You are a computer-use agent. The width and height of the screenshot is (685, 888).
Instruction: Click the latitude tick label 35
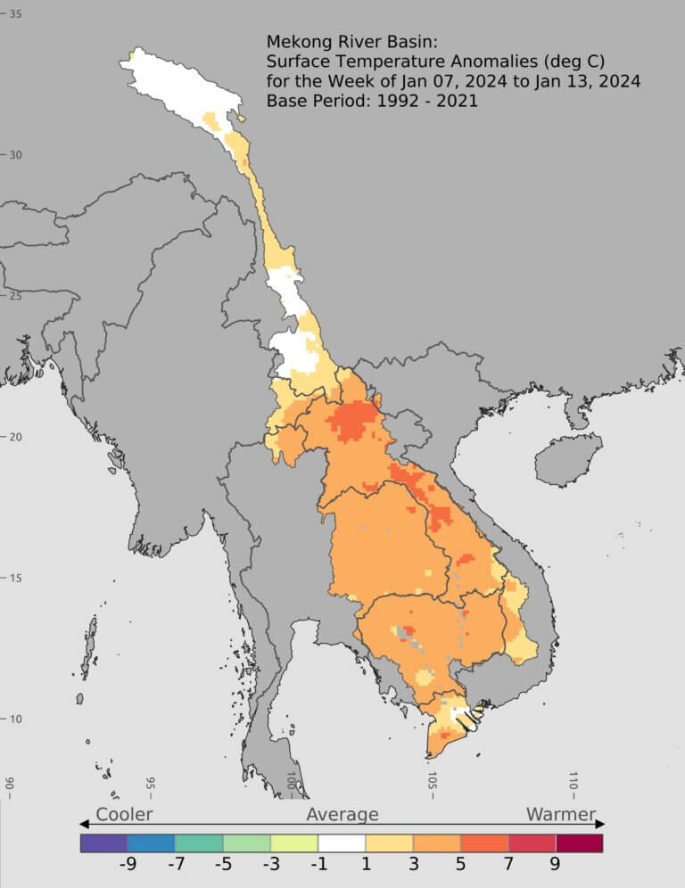15,13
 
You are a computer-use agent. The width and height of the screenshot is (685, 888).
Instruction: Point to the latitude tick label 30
15,155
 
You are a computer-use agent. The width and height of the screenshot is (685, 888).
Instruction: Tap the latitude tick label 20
15,437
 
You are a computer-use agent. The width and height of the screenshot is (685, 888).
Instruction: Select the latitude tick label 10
15,719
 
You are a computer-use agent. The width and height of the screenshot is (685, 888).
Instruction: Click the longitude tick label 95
150,784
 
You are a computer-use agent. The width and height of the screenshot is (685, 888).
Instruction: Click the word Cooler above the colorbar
124,814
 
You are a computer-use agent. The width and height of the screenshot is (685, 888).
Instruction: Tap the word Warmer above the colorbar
560,814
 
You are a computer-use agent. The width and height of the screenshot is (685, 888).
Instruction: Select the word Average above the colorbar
342,814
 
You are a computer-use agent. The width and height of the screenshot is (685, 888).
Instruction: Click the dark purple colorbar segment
103,843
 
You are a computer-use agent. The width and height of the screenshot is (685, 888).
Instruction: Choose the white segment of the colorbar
342,843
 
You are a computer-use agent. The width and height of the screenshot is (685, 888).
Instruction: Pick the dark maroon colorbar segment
579,843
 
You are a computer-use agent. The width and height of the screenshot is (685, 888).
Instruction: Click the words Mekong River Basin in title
342,42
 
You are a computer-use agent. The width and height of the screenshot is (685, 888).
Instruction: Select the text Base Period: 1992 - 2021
372,101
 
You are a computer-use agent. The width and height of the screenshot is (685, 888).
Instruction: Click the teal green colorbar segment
198,843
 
